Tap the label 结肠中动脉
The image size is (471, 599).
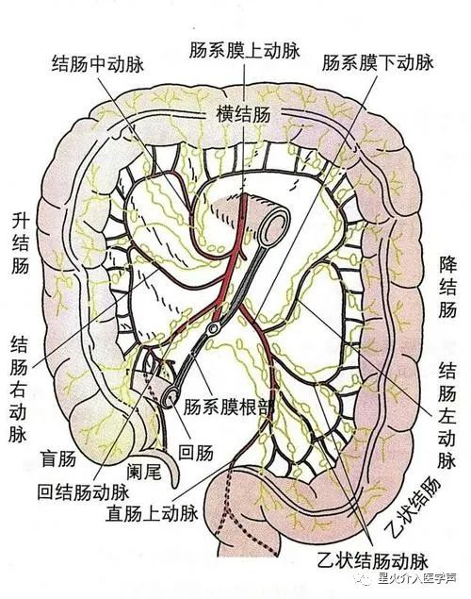tap(98, 64)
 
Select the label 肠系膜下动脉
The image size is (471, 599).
tap(378, 62)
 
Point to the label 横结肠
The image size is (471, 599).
tap(243, 114)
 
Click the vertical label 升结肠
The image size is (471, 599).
tap(20, 243)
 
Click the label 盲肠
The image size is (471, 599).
tap(58, 458)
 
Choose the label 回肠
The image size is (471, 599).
tap(196, 453)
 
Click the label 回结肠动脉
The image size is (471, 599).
tap(84, 492)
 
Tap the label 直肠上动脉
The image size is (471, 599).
tap(152, 513)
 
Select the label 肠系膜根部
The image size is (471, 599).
tap(229, 408)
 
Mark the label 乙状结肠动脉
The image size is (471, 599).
tap(372, 560)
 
